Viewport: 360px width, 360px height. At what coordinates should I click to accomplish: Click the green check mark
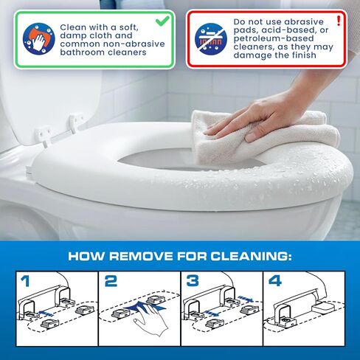pos(162,21)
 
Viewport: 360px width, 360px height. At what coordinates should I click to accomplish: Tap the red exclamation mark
pos(339,21)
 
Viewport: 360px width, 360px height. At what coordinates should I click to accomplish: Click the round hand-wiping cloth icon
pos(39,38)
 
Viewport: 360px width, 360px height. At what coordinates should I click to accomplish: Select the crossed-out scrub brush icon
pos(211,39)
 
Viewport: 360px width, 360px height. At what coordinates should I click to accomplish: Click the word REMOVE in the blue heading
pos(141,256)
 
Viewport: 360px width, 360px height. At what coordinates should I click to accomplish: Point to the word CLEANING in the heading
pos(252,256)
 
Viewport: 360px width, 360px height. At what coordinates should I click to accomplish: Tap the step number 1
pos(25,281)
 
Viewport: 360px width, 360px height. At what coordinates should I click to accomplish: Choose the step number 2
pos(111,281)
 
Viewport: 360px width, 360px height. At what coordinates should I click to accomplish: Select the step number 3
pos(193,281)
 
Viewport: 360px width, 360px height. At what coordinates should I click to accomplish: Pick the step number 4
pos(275,281)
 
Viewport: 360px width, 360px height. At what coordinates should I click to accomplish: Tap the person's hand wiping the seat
pos(256,118)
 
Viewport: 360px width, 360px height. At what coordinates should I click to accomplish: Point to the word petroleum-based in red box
pos(274,38)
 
